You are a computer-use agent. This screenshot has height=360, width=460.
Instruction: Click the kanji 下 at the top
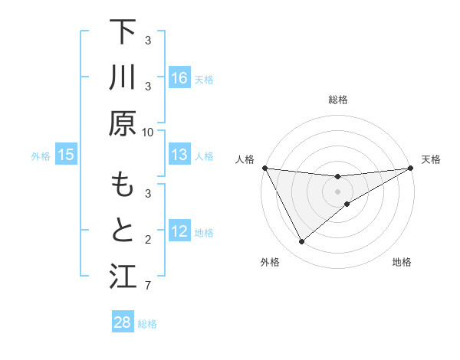(x=123, y=32)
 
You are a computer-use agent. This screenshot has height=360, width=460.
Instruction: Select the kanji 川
(x=123, y=78)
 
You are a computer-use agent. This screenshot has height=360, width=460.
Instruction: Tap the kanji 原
(x=123, y=123)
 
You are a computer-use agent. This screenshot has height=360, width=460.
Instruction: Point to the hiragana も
(x=123, y=186)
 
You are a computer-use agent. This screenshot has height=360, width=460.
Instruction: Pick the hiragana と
(x=123, y=232)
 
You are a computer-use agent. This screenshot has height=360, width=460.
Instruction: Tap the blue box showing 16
(x=179, y=78)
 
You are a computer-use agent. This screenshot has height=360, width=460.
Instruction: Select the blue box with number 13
(x=179, y=155)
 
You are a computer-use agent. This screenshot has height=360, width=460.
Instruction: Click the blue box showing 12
(x=179, y=232)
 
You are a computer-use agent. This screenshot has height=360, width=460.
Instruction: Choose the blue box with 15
(x=66, y=155)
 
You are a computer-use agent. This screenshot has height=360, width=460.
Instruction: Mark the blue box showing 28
(x=123, y=322)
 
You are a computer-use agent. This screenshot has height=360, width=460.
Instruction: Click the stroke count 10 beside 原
(x=148, y=132)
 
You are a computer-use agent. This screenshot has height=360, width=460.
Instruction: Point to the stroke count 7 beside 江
(x=148, y=286)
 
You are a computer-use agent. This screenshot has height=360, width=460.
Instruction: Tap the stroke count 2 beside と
(x=148, y=241)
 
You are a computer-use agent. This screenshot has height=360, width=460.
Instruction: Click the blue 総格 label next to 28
(x=147, y=324)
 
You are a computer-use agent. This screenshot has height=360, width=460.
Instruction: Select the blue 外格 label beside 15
(x=41, y=156)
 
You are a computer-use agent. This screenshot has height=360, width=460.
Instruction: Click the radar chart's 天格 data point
(x=410, y=168)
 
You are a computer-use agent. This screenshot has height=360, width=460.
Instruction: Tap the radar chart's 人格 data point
(x=264, y=168)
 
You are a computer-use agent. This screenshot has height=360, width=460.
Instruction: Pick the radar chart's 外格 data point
(x=301, y=242)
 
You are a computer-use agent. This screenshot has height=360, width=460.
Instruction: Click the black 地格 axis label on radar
(x=402, y=263)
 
